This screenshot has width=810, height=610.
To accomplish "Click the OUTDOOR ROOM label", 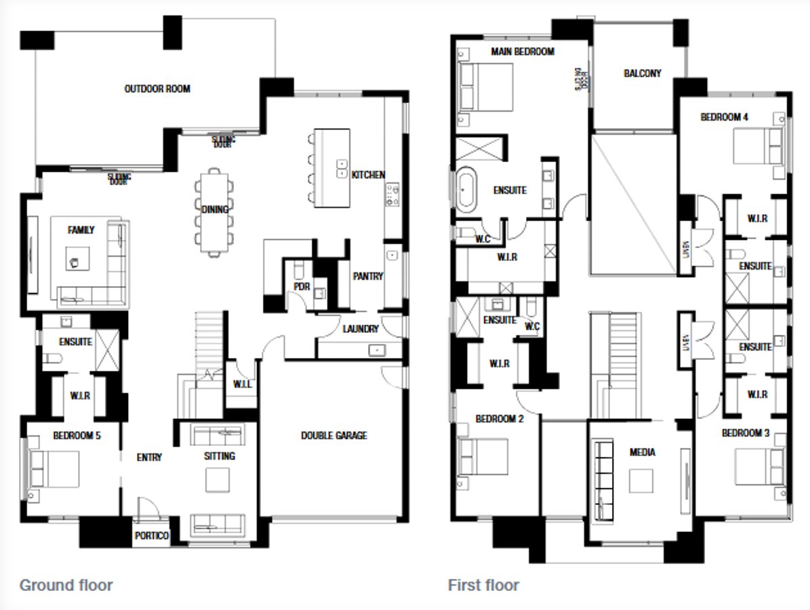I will click(157, 89).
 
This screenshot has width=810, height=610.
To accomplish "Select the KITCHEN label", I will click(367, 175).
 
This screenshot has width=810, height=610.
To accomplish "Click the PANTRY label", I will click(367, 276).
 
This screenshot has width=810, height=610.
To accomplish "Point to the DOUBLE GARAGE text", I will click(334, 435).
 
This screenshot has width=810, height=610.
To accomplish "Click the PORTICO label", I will click(150, 535).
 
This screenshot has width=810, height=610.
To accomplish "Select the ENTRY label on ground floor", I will click(149, 457).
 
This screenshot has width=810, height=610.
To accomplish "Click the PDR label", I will click(302, 287).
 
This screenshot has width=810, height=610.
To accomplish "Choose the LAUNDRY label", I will click(360, 329).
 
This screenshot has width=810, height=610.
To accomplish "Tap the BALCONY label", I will click(642, 73).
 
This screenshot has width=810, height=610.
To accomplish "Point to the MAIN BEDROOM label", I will click(523, 52).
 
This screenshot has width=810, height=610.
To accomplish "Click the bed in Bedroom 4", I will click(758, 145).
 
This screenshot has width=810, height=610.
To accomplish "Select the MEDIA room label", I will click(642, 452).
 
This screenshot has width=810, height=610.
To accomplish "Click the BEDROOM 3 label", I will click(746, 433).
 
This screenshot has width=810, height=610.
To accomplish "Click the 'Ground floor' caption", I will click(66, 584).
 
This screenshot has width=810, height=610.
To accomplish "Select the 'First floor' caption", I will click(483, 584).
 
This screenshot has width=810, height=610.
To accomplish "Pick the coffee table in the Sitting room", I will click(218, 480).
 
